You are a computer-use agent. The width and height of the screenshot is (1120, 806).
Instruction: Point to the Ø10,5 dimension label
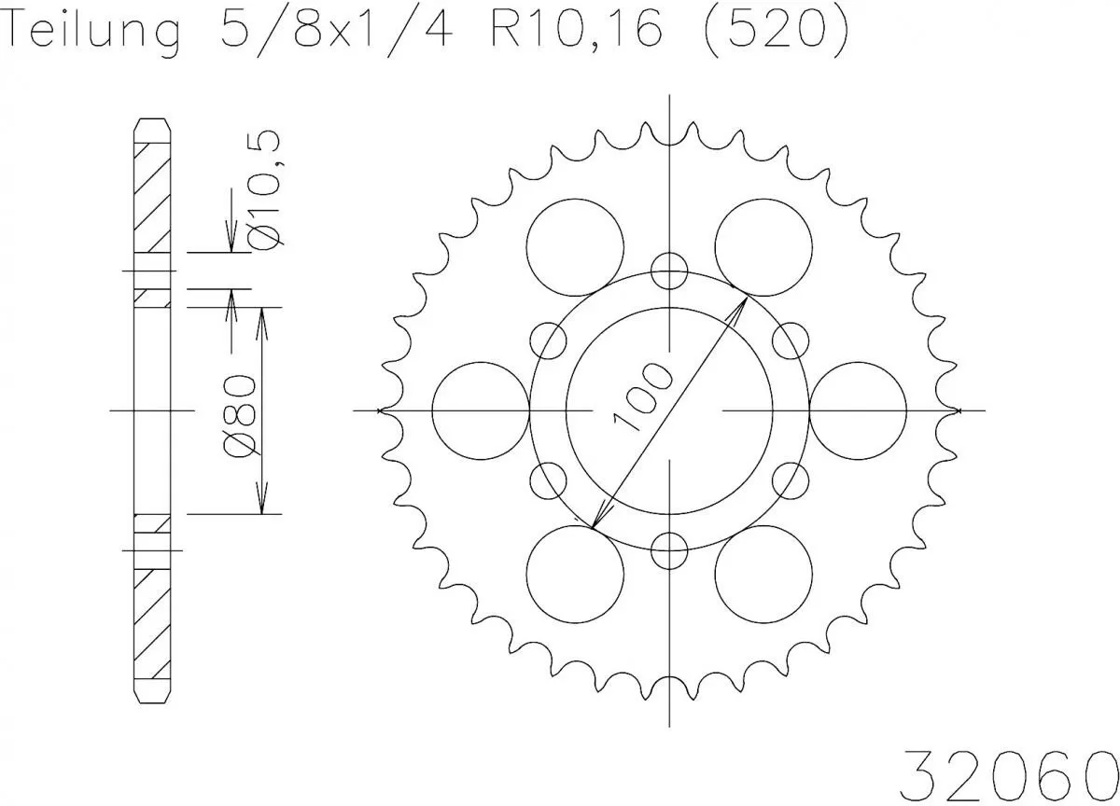(266, 189)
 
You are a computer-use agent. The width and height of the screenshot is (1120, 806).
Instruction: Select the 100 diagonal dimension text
(642, 397)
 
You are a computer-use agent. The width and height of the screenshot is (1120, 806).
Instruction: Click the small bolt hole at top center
(668, 271)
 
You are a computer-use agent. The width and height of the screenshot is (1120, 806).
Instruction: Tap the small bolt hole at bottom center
(668, 549)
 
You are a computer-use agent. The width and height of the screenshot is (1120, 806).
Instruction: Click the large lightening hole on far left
(482, 410)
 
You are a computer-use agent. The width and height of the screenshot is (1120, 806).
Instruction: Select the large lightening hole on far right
(858, 410)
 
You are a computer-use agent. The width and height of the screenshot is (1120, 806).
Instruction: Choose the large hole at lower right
(763, 573)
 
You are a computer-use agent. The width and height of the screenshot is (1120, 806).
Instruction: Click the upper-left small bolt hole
(549, 340)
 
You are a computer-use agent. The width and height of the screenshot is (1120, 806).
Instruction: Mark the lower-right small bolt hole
(790, 479)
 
